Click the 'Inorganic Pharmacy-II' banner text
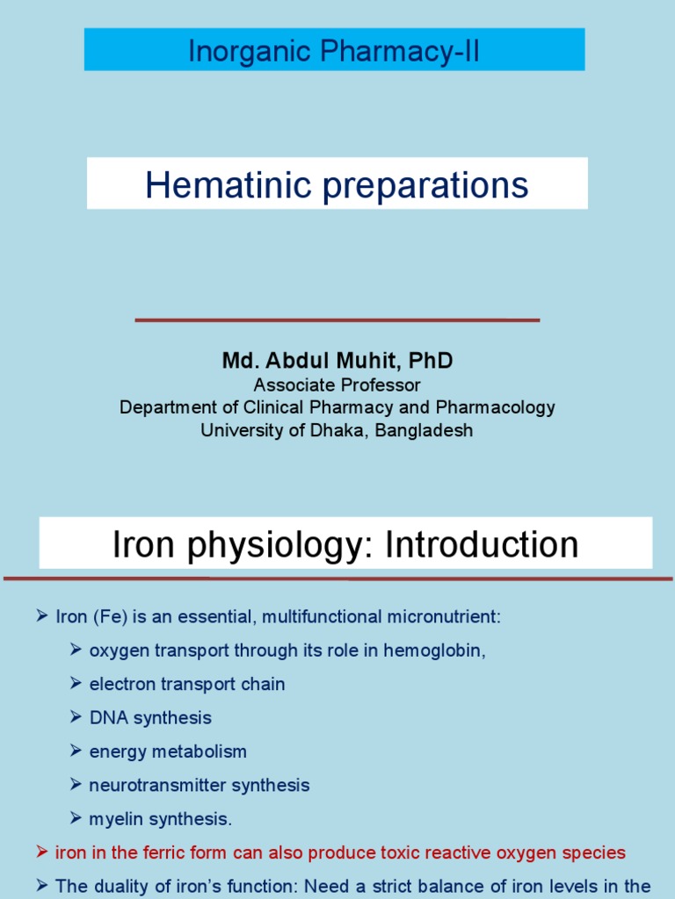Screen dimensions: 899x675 (x=334, y=51)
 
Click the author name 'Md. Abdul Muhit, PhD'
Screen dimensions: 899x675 (x=337, y=361)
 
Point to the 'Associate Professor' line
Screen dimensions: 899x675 (x=337, y=385)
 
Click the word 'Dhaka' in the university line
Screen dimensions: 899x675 (x=323, y=430)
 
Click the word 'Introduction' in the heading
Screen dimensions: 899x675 (x=482, y=544)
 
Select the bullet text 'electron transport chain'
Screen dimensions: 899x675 (x=187, y=684)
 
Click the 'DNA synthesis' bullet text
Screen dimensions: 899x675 (x=150, y=717)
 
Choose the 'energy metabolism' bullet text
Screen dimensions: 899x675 (x=168, y=752)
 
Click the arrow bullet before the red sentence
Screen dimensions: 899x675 (x=41, y=852)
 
